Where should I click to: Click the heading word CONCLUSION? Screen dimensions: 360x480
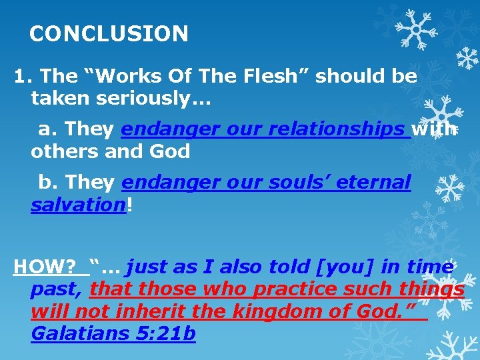pyautogui.click(x=109, y=33)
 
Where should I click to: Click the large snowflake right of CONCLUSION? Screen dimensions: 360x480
pyautogui.click(x=415, y=30)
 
